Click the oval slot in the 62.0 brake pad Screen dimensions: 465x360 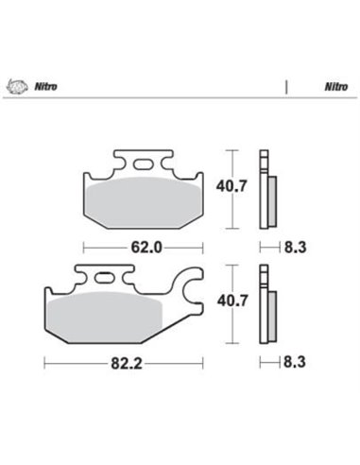[142, 165]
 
